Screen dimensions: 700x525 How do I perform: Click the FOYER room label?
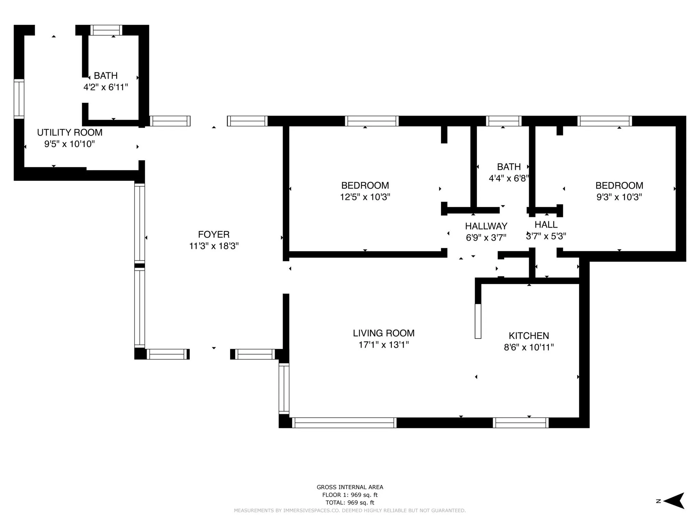pyautogui.click(x=214, y=234)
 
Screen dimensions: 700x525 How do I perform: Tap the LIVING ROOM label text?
pyautogui.click(x=383, y=333)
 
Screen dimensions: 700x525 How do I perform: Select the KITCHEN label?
pyautogui.click(x=529, y=336)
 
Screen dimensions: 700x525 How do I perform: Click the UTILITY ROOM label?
pyautogui.click(x=70, y=132)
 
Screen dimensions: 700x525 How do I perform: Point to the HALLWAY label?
pyautogui.click(x=486, y=226)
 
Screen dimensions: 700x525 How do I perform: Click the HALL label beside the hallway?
pyautogui.click(x=546, y=225)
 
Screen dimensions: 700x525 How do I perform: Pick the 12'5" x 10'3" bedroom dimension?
pyautogui.click(x=365, y=197)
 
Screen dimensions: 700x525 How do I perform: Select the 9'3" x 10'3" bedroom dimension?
pyautogui.click(x=619, y=197)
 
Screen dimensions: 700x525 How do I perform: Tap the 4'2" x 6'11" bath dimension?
pyautogui.click(x=106, y=87)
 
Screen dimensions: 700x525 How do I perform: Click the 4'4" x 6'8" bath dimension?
pyautogui.click(x=509, y=178)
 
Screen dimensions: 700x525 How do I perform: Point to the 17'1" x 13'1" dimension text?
pyautogui.click(x=383, y=345)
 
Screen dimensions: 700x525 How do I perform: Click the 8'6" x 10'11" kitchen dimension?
pyautogui.click(x=529, y=348)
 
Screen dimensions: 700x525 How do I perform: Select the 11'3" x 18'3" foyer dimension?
pyautogui.click(x=214, y=246)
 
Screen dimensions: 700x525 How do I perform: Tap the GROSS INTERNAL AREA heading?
pyautogui.click(x=350, y=487)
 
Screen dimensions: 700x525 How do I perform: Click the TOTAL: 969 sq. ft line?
pyautogui.click(x=350, y=502)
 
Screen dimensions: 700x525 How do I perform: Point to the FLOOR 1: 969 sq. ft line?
pyautogui.click(x=350, y=495)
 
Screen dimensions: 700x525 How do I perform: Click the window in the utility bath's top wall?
pyautogui.click(x=106, y=30)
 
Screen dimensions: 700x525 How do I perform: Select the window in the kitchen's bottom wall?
pyautogui.click(x=521, y=423)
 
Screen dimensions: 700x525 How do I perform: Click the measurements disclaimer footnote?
pyautogui.click(x=350, y=511)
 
